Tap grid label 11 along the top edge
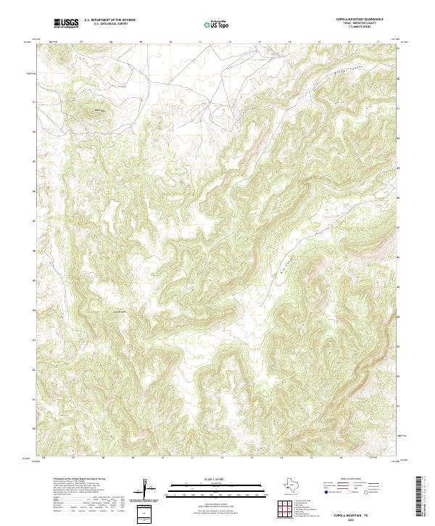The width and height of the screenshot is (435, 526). click(x=199, y=42)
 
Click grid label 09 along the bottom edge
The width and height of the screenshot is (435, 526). click(x=133, y=459)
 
